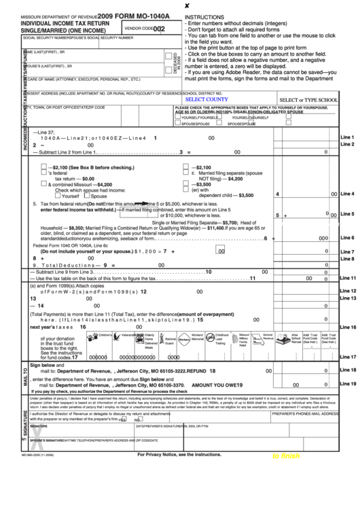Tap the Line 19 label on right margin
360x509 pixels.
(x=347, y=384)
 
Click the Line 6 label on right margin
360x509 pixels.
(x=347, y=238)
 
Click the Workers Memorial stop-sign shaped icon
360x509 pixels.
(x=185, y=338)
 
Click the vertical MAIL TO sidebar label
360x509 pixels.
(x=26, y=376)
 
